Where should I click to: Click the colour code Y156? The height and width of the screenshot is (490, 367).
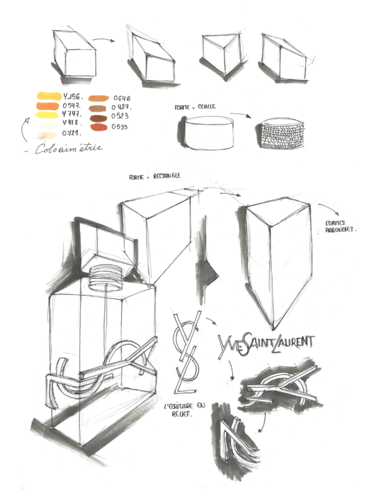(x=73, y=97)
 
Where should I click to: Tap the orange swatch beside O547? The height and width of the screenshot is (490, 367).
(x=47, y=105)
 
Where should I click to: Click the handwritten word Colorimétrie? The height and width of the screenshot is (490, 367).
(x=69, y=149)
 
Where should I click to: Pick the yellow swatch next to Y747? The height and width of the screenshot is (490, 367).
(x=47, y=115)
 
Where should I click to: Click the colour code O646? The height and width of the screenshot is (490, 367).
(x=122, y=99)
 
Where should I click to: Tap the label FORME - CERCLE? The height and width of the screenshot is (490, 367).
(x=195, y=107)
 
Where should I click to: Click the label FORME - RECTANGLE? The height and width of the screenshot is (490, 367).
(x=155, y=176)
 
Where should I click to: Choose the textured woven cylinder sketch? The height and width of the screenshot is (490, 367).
(x=283, y=134)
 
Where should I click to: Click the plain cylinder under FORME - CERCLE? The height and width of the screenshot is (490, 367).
(x=209, y=133)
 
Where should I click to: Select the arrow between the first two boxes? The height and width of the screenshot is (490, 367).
(x=104, y=41)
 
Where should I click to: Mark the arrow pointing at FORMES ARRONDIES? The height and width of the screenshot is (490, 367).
(x=328, y=209)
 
